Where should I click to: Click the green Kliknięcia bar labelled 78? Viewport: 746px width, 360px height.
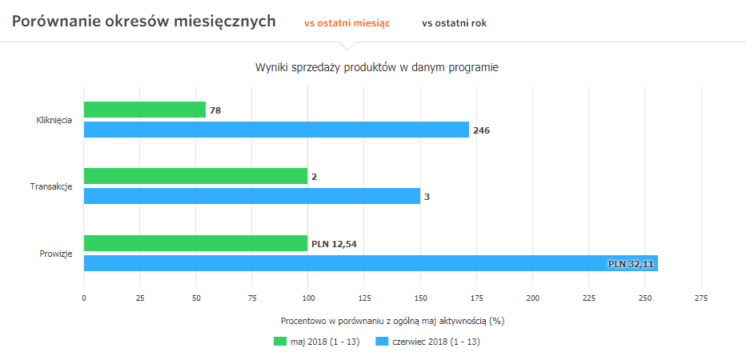[144, 110]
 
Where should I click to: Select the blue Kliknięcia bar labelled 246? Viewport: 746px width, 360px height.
[276, 130]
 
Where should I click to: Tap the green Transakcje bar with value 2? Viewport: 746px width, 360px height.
[195, 176]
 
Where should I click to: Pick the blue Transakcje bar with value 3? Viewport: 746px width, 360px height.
[251, 196]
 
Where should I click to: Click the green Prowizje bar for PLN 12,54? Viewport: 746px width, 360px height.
[195, 243]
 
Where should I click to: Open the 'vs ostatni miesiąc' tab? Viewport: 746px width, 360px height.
[347, 23]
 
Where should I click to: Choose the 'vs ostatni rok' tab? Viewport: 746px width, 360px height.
[454, 23]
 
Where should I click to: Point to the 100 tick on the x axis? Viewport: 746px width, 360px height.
[307, 298]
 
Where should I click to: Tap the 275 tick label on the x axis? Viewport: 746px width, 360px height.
[701, 298]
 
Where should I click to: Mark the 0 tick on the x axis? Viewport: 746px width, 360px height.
[84, 298]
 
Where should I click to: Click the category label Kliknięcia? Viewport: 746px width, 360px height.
[54, 120]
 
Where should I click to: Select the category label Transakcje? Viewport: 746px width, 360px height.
[51, 186]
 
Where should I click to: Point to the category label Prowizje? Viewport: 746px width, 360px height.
[56, 254]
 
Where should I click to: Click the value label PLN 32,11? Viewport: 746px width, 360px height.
[631, 263]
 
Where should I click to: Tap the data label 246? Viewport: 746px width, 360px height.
[481, 130]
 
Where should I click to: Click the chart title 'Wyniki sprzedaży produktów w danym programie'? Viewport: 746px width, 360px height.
[376, 68]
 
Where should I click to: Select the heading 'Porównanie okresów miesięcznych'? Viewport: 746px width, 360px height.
[144, 22]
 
